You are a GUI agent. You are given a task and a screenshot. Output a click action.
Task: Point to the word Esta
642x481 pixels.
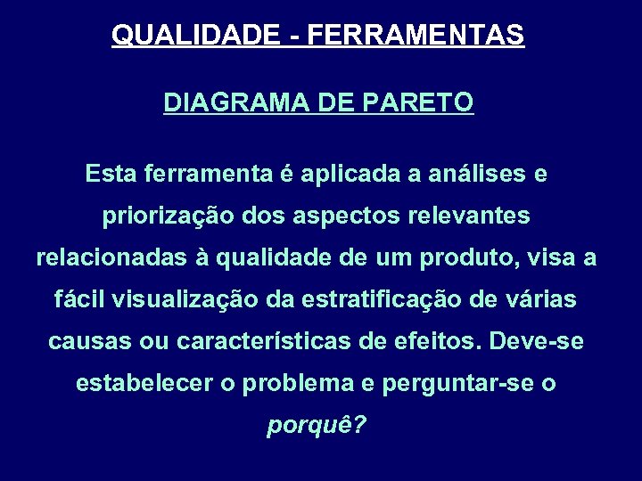click(x=109, y=175)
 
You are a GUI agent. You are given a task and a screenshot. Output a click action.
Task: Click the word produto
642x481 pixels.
click(x=479, y=258)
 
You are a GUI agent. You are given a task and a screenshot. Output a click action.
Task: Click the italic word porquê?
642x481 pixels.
click(x=317, y=427)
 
